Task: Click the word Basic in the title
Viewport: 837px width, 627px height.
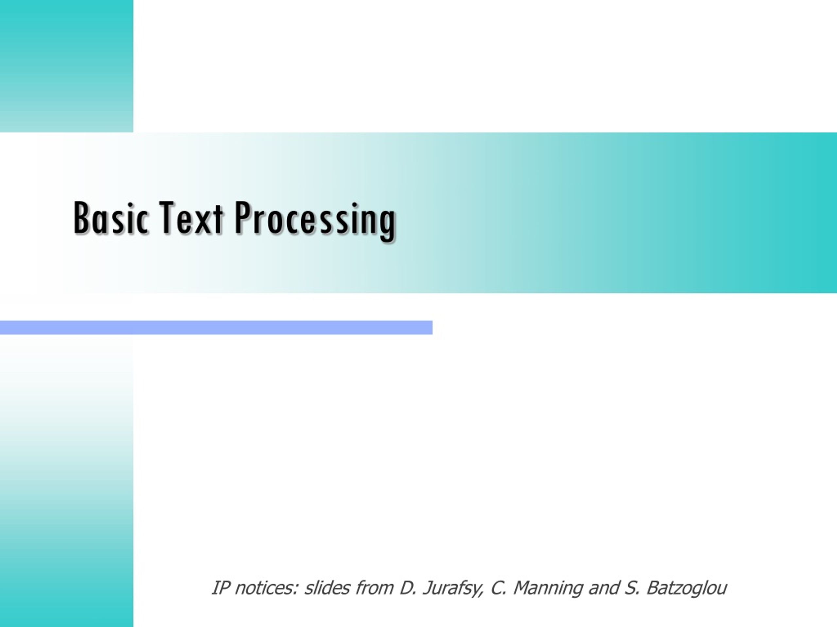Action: click(111, 218)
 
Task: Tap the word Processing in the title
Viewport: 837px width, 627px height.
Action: click(315, 221)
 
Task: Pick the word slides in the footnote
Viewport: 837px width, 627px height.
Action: click(327, 588)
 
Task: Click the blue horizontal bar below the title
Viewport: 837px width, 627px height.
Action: click(216, 327)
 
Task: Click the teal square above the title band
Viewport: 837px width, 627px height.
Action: click(67, 66)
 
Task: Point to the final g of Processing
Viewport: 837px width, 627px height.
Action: click(387, 225)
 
